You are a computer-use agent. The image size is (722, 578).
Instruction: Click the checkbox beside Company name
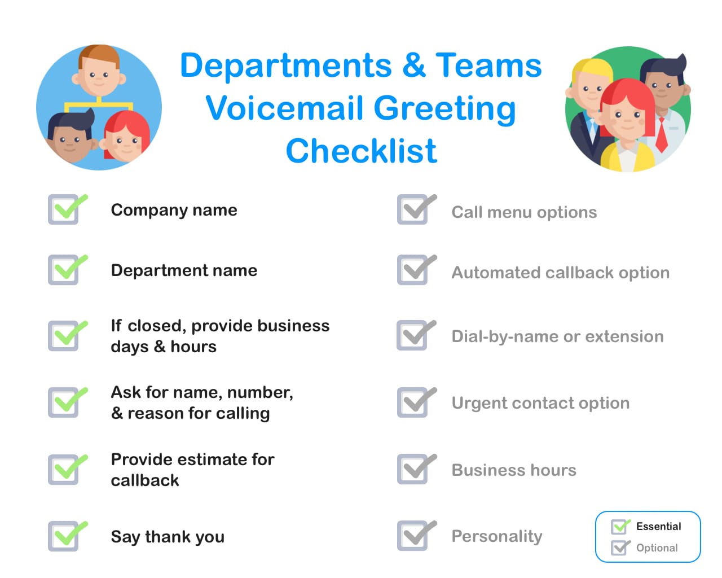click(64, 210)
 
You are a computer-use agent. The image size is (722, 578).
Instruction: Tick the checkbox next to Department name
click(64, 270)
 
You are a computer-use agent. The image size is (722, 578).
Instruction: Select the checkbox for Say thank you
click(64, 536)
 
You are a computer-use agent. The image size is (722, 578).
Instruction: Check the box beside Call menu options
click(413, 210)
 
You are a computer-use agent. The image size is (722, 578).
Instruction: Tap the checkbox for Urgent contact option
click(413, 402)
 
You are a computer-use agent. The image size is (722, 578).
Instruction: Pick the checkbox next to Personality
click(413, 536)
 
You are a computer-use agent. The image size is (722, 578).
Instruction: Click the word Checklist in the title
click(361, 151)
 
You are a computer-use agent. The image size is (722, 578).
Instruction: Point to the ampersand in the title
click(415, 65)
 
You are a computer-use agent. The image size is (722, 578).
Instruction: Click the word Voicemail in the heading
click(284, 108)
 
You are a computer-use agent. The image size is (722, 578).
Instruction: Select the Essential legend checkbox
click(619, 527)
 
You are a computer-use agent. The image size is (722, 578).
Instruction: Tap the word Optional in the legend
click(657, 548)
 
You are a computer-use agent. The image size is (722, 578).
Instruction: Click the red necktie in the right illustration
click(661, 135)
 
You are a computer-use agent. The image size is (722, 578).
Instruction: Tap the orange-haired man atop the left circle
click(99, 71)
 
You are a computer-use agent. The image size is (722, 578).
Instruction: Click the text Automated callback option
click(560, 273)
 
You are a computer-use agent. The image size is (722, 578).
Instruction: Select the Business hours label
click(514, 470)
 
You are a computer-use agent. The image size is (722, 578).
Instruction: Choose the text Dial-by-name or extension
click(557, 336)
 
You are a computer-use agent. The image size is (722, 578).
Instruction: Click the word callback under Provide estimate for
click(145, 480)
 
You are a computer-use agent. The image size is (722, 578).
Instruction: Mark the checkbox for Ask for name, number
click(64, 402)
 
